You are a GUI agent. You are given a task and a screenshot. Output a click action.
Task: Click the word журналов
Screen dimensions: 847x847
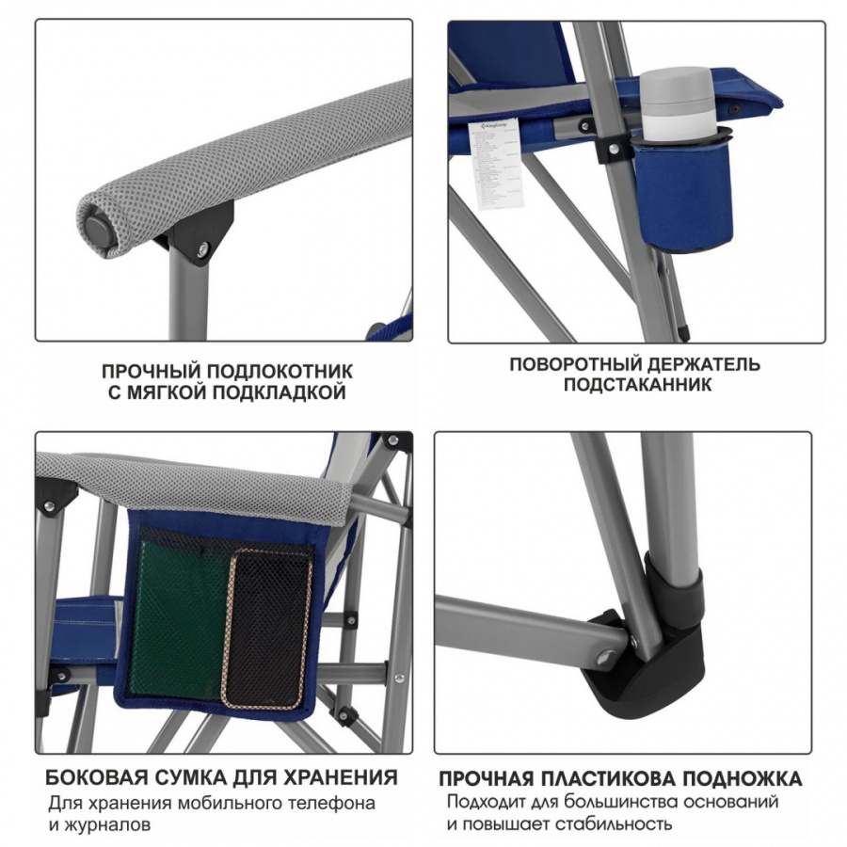point(109,824)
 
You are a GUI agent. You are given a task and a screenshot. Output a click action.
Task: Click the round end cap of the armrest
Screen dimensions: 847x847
point(98,227)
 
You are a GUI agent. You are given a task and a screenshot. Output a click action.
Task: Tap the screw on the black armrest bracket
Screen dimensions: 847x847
point(203,248)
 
